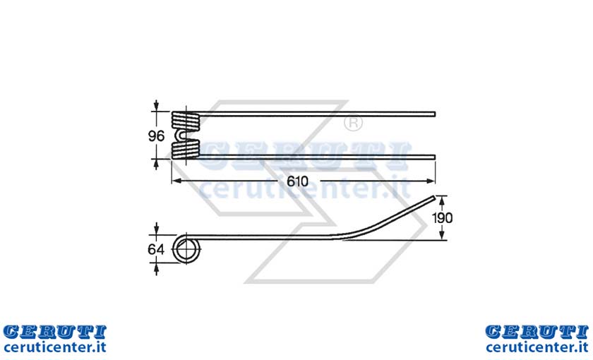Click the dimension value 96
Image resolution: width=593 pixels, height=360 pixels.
156,136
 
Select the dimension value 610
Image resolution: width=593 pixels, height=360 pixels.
297,181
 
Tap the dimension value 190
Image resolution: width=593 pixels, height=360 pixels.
442,218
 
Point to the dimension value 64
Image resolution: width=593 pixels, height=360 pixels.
156,250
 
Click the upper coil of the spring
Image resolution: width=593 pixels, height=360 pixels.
185,121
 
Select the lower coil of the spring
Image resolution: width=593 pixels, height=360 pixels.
185,149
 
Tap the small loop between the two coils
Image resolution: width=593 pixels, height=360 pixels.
181,135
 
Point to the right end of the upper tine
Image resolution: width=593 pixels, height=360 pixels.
435,114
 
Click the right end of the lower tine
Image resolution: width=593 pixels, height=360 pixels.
435,157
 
